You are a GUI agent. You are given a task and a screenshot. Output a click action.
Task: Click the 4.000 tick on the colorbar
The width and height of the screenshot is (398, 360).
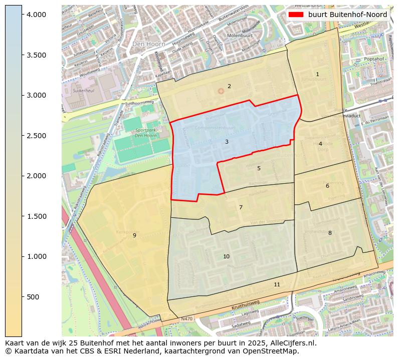(x=36, y=15)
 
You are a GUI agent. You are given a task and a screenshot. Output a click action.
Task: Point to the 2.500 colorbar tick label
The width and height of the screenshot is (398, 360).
(x=36, y=136)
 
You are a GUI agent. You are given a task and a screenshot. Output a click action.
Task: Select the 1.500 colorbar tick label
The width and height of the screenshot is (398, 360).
(x=36, y=216)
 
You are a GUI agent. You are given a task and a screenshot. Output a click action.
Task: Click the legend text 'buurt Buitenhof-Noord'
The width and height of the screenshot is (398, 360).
(x=347, y=15)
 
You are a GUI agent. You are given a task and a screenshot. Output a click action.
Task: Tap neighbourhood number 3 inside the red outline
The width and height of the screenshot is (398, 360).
(x=227, y=142)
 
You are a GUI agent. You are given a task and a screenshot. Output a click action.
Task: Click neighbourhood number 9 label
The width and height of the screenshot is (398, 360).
(x=134, y=235)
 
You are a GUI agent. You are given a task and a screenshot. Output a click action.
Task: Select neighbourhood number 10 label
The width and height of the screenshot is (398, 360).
(x=226, y=256)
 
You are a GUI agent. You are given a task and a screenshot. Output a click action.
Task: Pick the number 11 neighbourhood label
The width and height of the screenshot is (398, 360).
(x=277, y=284)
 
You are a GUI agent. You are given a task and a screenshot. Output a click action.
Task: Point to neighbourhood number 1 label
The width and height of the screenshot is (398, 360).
(x=317, y=74)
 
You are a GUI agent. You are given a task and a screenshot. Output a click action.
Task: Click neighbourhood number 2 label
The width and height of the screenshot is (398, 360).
(x=229, y=86)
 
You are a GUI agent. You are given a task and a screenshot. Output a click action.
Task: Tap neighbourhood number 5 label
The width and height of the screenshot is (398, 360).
(x=259, y=168)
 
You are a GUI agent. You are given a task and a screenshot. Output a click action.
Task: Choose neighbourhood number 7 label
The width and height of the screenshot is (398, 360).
(x=241, y=207)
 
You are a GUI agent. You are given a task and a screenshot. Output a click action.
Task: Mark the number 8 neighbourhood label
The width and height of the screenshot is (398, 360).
(x=330, y=233)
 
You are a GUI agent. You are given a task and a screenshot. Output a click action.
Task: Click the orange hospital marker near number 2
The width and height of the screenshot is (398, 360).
(x=221, y=91)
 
